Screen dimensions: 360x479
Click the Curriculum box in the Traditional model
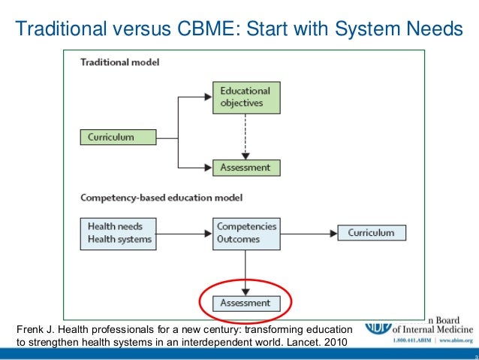[x=118, y=138]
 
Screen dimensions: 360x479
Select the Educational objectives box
[x=244, y=98]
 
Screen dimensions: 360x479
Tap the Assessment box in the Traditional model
[x=244, y=168]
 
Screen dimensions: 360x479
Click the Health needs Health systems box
[x=119, y=233]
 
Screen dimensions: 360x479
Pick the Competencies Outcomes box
[x=246, y=233]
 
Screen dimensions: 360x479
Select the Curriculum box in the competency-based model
[x=370, y=233]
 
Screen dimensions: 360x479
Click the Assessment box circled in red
[x=246, y=304]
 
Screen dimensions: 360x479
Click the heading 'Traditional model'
[x=120, y=62]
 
